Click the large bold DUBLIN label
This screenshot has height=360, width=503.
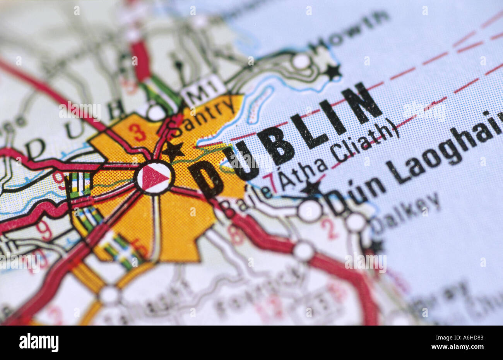pos(286,143)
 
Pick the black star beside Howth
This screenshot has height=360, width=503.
pos(332,72)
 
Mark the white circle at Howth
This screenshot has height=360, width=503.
pos(301,61)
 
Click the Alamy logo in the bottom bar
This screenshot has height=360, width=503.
pos(39,343)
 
